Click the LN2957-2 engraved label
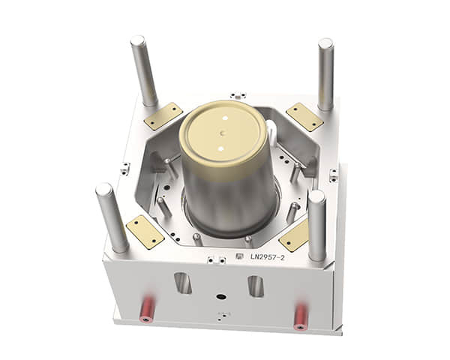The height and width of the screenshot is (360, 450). tap(267, 257)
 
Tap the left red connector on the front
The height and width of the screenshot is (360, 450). tap(146, 311)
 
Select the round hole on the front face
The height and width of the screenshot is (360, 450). tap(220, 296)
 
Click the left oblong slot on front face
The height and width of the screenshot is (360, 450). tap(183, 283)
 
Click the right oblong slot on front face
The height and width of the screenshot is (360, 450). tap(256, 286)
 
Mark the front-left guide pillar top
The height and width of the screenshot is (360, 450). tap(103, 188)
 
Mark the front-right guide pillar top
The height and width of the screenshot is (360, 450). tap(316, 196)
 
